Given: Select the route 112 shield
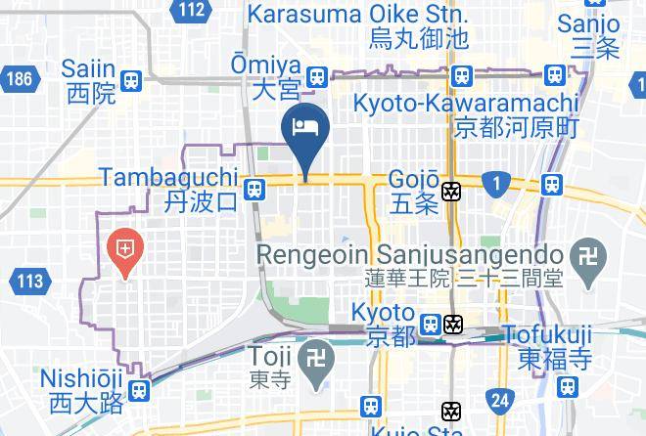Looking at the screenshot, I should [193, 11].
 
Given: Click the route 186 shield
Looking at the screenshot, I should [17, 78].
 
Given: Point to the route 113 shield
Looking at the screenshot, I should [30, 282].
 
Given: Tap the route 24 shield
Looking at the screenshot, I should [501, 399].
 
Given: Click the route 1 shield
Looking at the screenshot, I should [497, 182].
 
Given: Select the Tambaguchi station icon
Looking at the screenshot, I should [254, 189].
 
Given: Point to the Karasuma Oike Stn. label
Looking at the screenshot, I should [357, 16].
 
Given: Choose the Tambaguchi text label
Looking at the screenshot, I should [168, 177].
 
